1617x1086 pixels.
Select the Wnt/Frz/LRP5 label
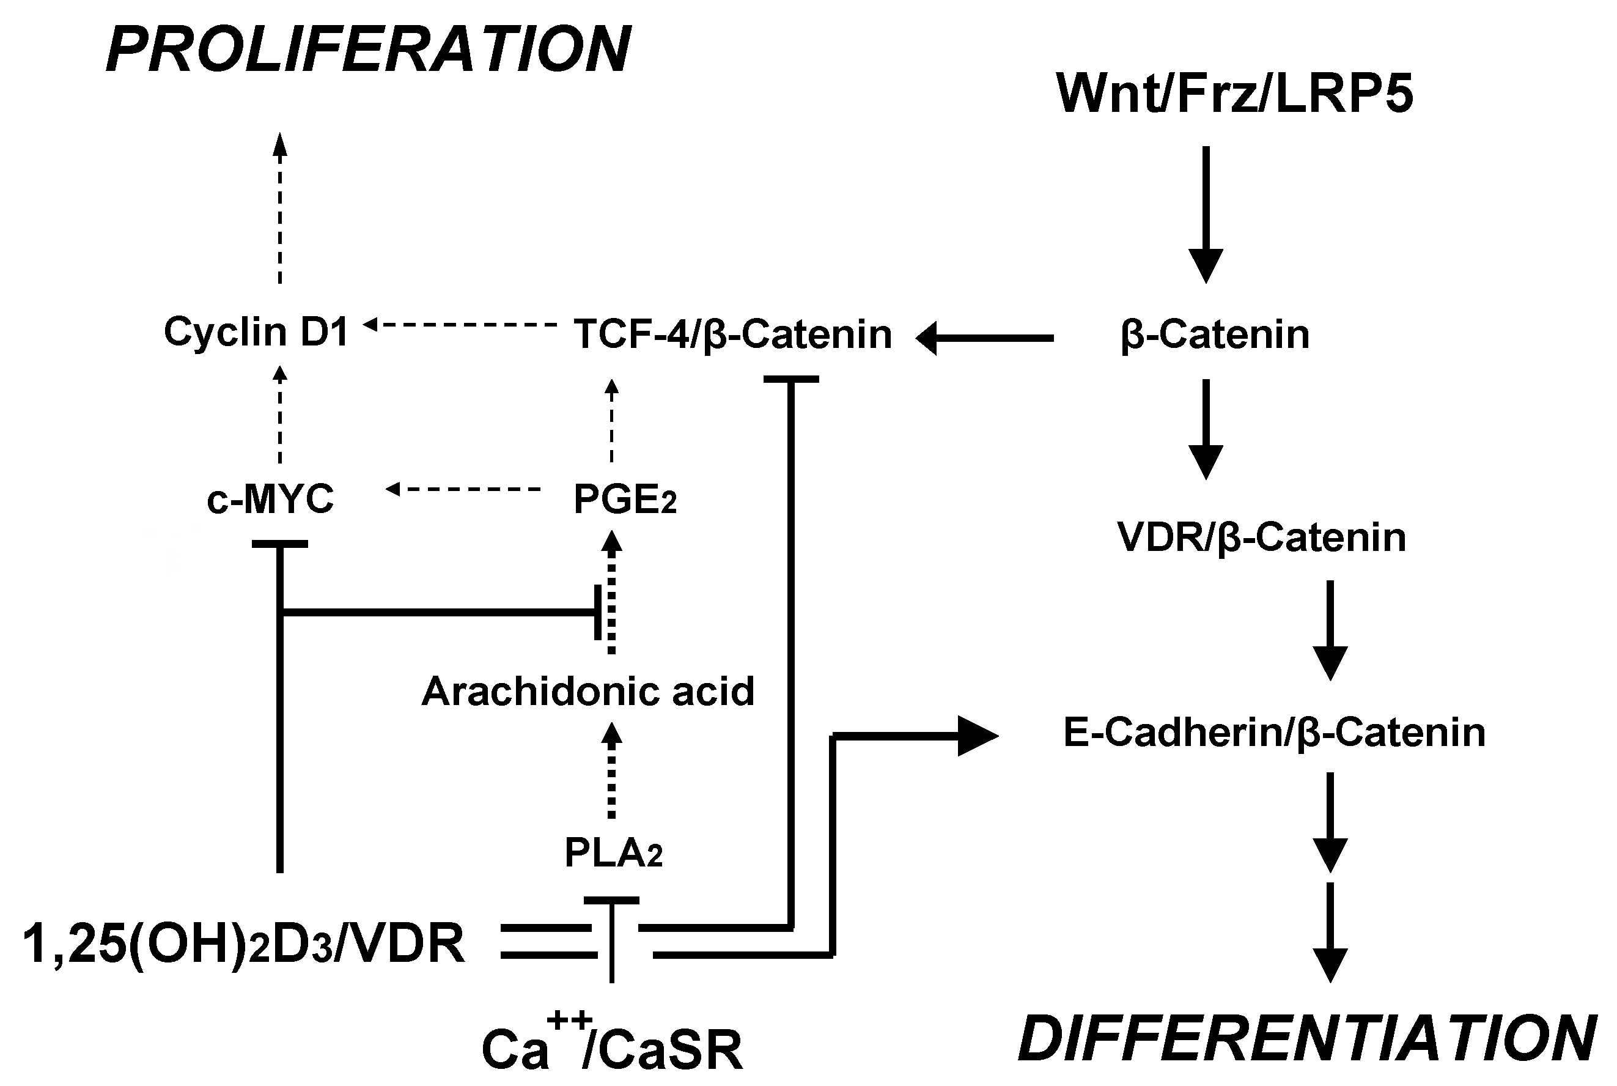tap(1235, 94)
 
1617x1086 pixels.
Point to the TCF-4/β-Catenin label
tap(732, 334)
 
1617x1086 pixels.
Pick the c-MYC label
tap(271, 499)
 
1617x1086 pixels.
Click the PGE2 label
tap(625, 500)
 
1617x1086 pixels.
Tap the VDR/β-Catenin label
tap(1262, 537)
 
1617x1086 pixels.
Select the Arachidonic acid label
tap(588, 691)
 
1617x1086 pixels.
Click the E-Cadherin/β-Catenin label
tap(1274, 733)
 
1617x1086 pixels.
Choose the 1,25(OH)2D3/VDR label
tap(244, 944)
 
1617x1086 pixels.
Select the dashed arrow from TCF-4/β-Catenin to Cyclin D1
tap(460, 324)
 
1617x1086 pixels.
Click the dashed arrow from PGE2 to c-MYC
tap(463, 490)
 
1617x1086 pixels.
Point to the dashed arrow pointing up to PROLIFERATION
tap(280, 208)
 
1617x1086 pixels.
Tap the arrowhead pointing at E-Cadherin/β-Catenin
tap(977, 736)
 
